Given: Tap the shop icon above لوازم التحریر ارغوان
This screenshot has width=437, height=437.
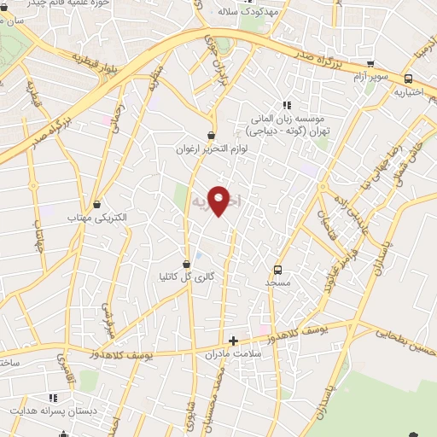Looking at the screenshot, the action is [211, 135].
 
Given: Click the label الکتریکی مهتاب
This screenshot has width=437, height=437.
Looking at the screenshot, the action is [96, 218].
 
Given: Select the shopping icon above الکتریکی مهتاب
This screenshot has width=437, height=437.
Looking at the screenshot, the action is [96, 204].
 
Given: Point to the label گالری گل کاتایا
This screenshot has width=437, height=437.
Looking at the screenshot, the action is [186, 276].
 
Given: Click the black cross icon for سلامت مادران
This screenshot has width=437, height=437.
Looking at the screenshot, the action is [233, 341].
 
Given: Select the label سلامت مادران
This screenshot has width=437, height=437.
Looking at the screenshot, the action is [232, 354].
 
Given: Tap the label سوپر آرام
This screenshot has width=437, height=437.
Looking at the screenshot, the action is [370, 77].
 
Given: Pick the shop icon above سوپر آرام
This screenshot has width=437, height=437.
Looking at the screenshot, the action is [370, 64].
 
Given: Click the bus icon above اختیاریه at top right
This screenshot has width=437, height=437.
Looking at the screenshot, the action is [406, 76].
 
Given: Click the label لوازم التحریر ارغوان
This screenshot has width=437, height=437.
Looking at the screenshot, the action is [211, 149].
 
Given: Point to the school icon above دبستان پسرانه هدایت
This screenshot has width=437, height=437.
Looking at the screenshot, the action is [53, 398].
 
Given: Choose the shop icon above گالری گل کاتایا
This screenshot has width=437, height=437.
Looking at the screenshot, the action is [186, 262].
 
